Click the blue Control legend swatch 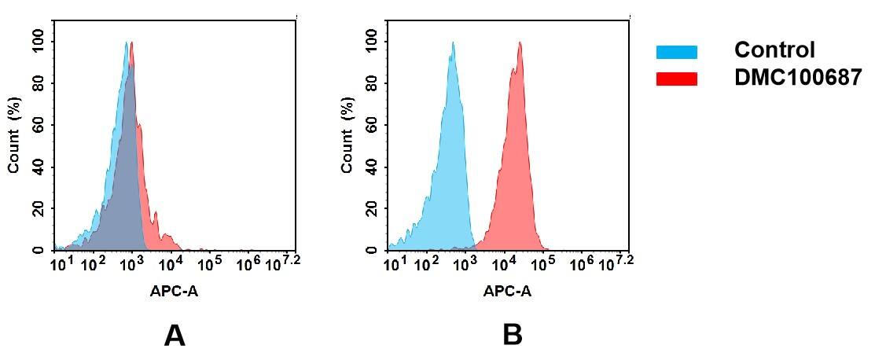pyautogui.click(x=676, y=52)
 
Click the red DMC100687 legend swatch pyautogui.click(x=676, y=79)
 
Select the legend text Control pyautogui.click(x=774, y=50)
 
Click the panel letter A pyautogui.click(x=174, y=336)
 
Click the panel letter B pyautogui.click(x=512, y=336)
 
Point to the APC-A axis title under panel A pyautogui.click(x=175, y=292)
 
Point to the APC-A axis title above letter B pyautogui.click(x=507, y=292)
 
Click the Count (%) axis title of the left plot pyautogui.click(x=14, y=139)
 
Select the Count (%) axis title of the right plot pyautogui.click(x=347, y=139)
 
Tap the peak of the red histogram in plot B pyautogui.click(x=520, y=43)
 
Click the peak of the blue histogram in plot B pyautogui.click(x=452, y=43)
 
